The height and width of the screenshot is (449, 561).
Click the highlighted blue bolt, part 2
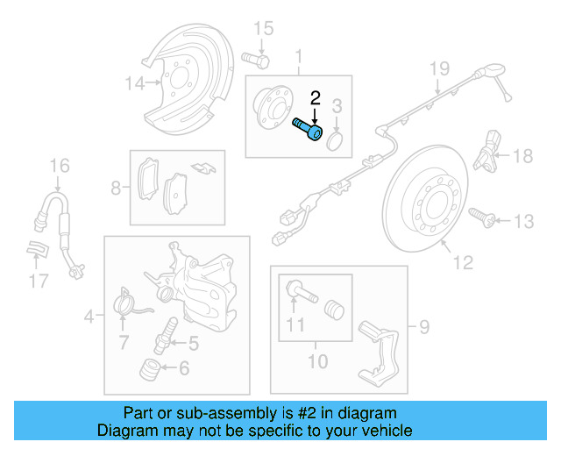[x=308, y=130]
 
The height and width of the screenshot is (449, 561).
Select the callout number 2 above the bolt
[x=316, y=99]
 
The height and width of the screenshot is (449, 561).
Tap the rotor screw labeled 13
[x=479, y=214]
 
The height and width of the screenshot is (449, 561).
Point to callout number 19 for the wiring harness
[x=438, y=68]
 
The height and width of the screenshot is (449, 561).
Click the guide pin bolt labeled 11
[x=298, y=289]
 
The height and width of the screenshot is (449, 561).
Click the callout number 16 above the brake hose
[x=58, y=165]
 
